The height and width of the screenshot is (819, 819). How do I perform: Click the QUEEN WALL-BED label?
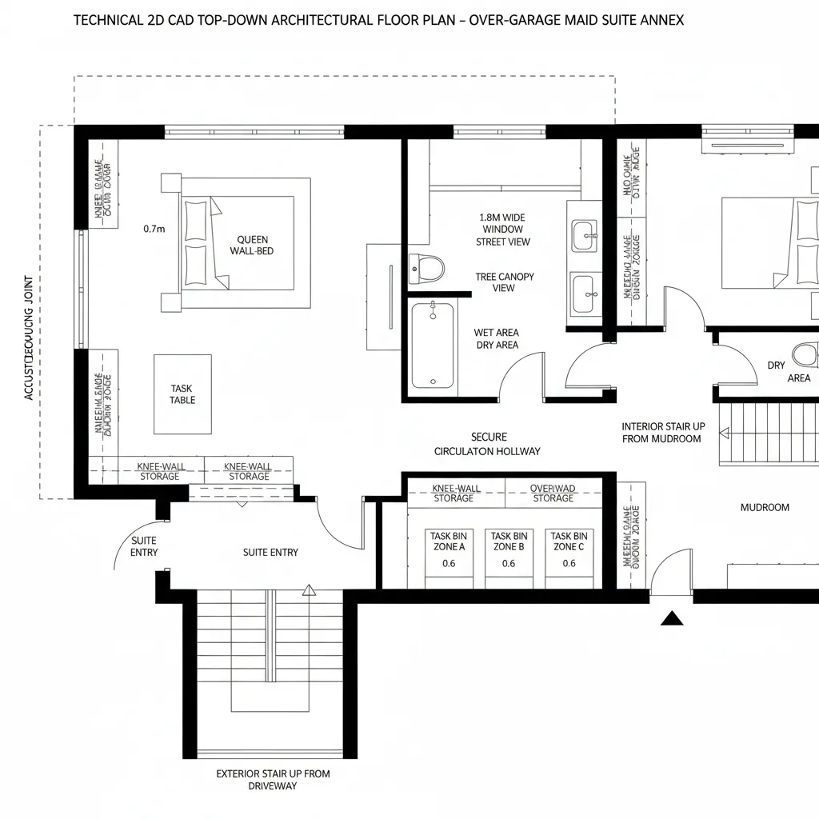pos(253,245)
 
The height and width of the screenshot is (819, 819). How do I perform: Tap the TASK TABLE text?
pos(182,394)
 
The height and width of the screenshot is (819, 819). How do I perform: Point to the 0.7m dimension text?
pos(154,229)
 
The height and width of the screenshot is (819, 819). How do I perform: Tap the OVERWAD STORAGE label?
pos(553,493)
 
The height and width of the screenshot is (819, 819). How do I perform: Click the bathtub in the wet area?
pos(432,346)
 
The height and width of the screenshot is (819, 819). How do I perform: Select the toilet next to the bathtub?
pos(425,268)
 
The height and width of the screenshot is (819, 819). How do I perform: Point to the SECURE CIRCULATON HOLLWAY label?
pos(487,444)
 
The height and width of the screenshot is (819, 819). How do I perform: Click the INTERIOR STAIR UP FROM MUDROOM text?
pos(663,433)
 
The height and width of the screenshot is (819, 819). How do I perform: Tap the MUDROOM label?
pos(765,507)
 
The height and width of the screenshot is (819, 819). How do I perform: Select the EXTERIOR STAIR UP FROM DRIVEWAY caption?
pos(273,780)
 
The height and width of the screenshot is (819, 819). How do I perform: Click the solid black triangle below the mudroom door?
pos(673,617)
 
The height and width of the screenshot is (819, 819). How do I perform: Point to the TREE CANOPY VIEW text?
pos(504,282)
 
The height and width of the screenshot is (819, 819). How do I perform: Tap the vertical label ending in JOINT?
pos(29,338)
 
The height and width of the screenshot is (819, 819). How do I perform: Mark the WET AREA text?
pos(496,333)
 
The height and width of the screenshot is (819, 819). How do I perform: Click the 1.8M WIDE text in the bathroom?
pos(502,217)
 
